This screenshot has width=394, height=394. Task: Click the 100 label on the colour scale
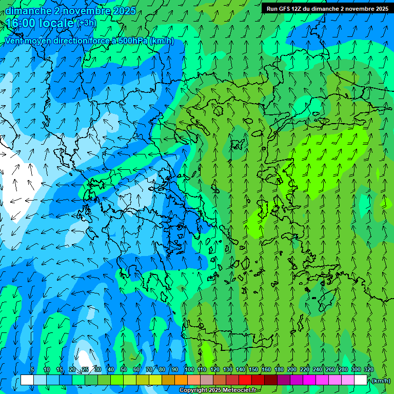[189, 369]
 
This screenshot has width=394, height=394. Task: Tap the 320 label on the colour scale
[369, 369]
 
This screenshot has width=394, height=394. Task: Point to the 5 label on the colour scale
[32, 369]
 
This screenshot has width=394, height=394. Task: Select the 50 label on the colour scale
[124, 369]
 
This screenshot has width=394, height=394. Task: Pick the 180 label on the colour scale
[279, 369]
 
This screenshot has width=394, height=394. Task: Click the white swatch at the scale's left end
[27, 380]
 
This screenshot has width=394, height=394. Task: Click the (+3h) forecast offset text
[86, 23]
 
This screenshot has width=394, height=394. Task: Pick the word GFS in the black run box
[285, 9]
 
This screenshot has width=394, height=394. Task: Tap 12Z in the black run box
[297, 9]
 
